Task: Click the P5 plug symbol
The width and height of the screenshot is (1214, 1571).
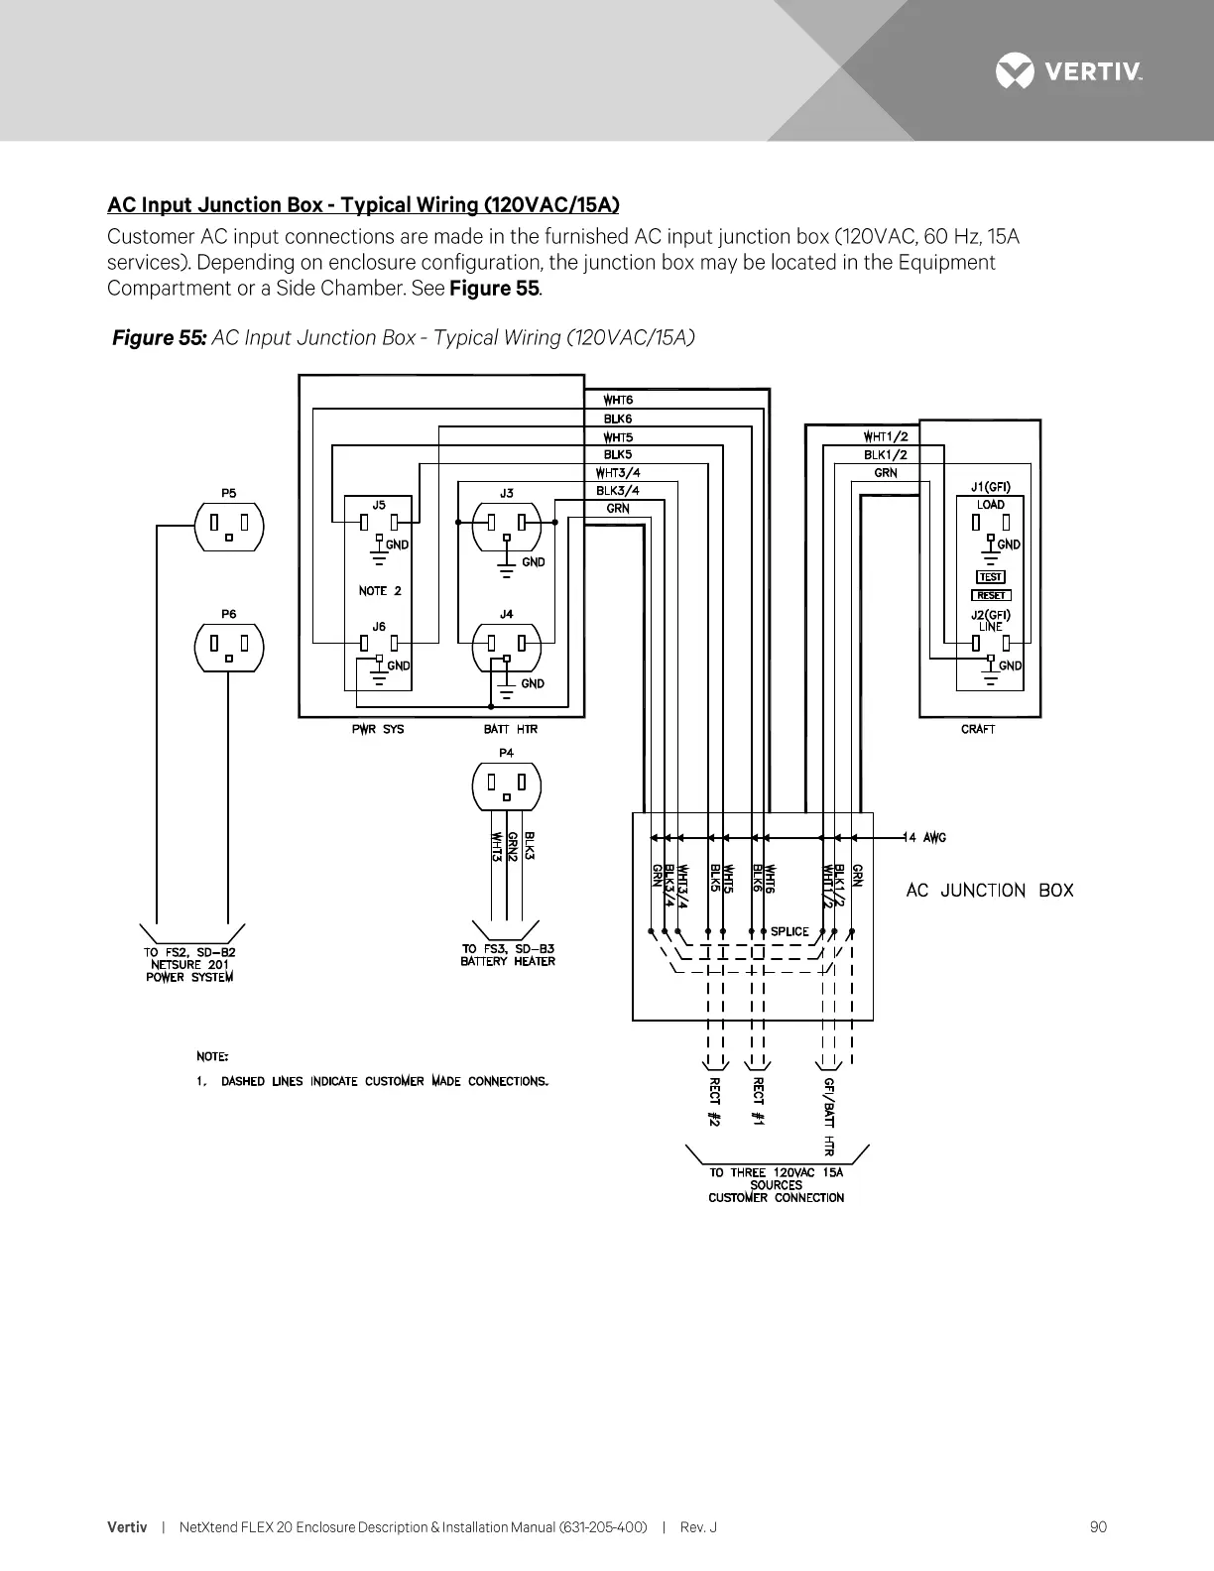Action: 229,526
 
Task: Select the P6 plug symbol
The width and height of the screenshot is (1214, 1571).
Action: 229,647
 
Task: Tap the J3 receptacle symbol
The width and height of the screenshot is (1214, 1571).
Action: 506,527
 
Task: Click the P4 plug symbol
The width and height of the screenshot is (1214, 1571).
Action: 506,785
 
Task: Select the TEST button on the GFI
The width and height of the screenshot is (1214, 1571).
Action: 991,576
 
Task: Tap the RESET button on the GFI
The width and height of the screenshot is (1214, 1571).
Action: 991,595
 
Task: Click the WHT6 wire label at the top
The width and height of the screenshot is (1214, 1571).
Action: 619,401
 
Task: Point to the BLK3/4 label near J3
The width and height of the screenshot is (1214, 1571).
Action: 617,490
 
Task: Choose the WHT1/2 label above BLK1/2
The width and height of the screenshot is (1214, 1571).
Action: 886,436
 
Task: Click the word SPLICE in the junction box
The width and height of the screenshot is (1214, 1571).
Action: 789,931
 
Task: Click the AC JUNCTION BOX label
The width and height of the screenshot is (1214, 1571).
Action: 990,891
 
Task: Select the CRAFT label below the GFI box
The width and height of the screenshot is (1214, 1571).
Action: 978,729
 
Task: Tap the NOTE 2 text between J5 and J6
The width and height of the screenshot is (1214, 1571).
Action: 380,591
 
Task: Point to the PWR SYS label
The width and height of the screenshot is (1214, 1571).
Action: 379,729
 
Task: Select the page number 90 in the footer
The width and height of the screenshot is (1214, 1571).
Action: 1098,1527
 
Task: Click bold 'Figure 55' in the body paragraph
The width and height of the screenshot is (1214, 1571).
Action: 494,289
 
